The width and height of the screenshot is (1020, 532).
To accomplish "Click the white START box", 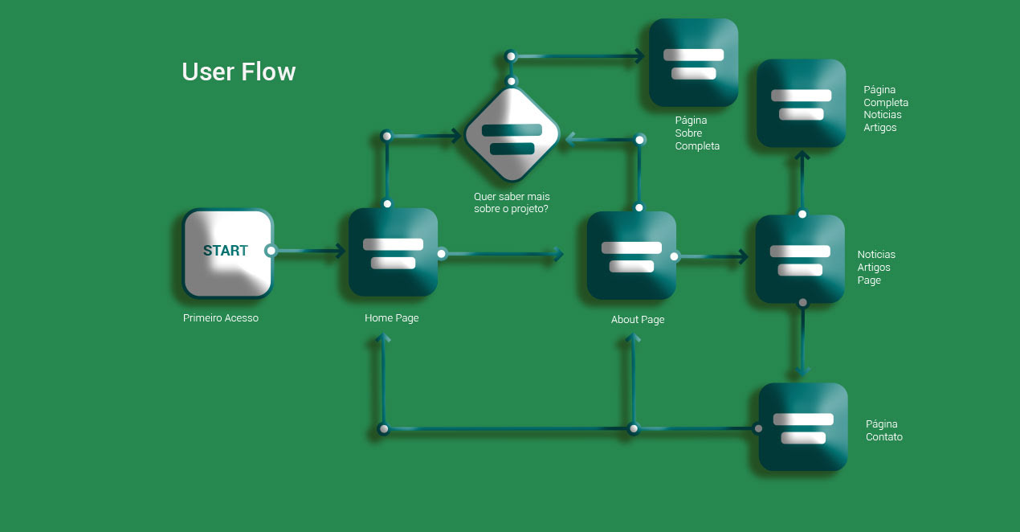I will (x=227, y=253).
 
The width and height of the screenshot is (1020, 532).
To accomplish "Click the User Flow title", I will (x=239, y=72).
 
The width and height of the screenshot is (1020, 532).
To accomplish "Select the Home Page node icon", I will (x=393, y=252).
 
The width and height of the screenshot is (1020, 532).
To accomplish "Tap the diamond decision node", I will (x=512, y=134).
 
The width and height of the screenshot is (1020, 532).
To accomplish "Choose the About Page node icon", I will (x=631, y=255).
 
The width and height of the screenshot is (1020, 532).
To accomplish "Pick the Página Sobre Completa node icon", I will (x=693, y=63).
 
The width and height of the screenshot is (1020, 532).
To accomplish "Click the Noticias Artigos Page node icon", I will (x=800, y=259).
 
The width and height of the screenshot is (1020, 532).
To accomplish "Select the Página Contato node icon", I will (x=803, y=427).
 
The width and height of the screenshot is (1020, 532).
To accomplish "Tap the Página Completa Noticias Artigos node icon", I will (x=801, y=103).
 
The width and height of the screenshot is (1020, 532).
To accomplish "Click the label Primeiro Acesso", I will (x=221, y=317).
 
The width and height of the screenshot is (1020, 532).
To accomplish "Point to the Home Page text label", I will (x=391, y=317).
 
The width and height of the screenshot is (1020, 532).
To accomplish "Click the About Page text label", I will (x=638, y=319).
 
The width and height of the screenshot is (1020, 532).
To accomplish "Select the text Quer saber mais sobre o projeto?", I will (x=512, y=203).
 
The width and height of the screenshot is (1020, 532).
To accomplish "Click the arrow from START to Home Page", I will (x=309, y=252).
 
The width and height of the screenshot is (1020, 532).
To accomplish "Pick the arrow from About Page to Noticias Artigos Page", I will (x=712, y=257).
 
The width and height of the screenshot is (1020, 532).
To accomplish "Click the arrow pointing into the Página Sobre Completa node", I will (x=578, y=56).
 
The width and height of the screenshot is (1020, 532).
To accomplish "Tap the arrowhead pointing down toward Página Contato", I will (x=802, y=370).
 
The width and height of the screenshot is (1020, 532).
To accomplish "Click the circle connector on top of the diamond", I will (x=511, y=81).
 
